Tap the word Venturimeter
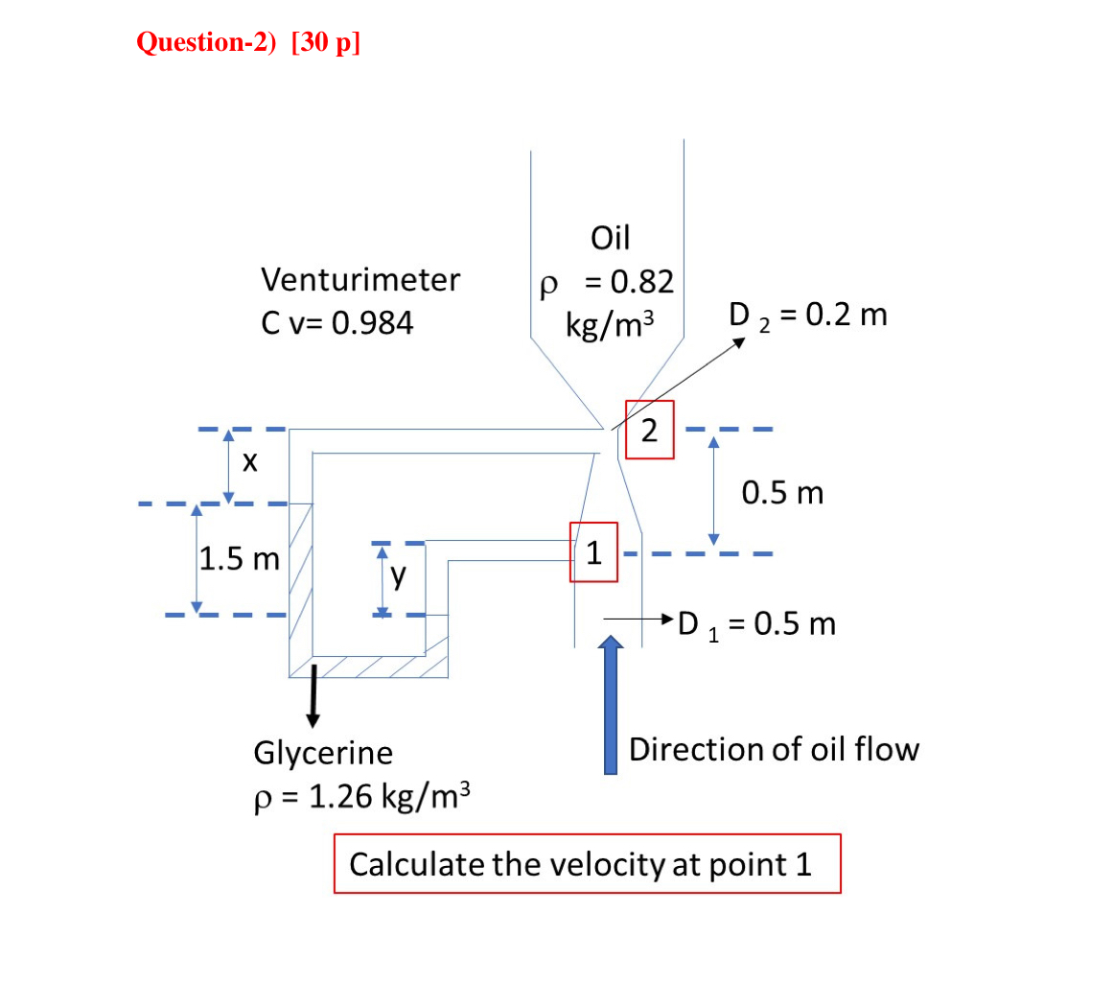click(x=360, y=280)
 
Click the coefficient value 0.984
click(x=372, y=323)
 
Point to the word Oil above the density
click(x=610, y=237)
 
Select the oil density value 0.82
click(x=642, y=282)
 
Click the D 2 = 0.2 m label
click(x=807, y=315)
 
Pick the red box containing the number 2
click(x=649, y=430)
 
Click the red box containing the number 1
click(x=593, y=552)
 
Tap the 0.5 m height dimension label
click(x=782, y=493)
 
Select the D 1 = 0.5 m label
click(x=756, y=624)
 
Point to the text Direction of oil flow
click(x=774, y=749)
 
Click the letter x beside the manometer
click(x=250, y=463)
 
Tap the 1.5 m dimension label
click(x=239, y=558)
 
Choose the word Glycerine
click(x=323, y=753)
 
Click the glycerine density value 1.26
click(x=340, y=797)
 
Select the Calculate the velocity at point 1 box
click(x=587, y=864)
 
